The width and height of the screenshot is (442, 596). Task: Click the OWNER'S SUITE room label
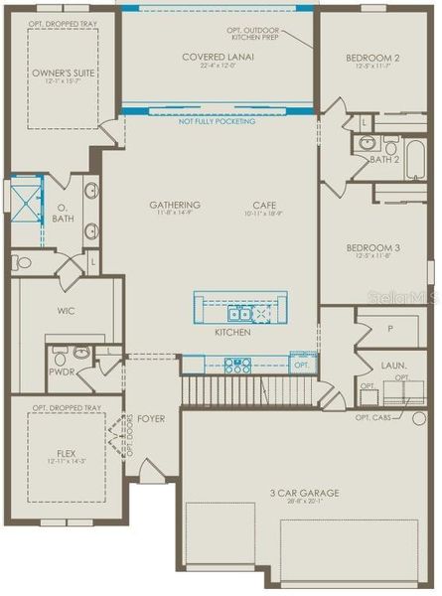tap(62, 74)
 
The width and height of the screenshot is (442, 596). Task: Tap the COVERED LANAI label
tap(219, 57)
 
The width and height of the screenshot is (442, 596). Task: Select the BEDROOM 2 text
tap(373, 58)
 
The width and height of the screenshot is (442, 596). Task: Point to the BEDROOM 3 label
tap(373, 247)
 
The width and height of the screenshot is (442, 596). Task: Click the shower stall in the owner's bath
tap(22, 200)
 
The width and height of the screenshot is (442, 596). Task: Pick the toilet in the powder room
tap(60, 354)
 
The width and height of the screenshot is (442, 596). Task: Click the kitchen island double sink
tap(239, 314)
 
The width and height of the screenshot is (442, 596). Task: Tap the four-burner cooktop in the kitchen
tap(238, 365)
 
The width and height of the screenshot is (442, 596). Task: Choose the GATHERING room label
tap(175, 206)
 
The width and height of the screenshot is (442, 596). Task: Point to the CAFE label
tap(263, 206)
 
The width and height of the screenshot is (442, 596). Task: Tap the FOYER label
tap(151, 418)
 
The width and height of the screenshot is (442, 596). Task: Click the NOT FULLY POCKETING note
tap(216, 121)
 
